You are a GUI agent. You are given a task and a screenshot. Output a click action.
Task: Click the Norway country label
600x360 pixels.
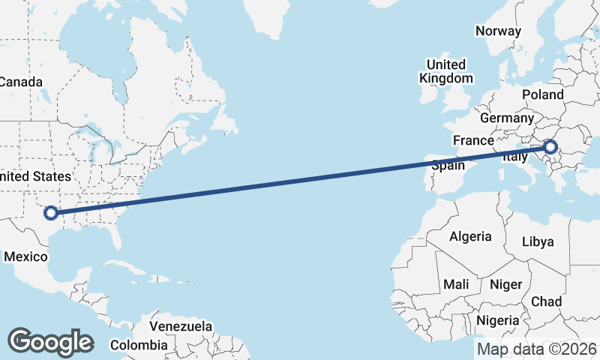click(x=498, y=31)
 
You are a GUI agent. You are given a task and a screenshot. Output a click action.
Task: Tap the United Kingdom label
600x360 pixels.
click(x=446, y=71)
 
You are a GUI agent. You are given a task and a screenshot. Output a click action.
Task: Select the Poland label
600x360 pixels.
click(x=542, y=94)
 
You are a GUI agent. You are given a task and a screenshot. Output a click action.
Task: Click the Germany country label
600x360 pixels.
click(x=506, y=118)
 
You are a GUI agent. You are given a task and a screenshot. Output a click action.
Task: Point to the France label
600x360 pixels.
click(x=473, y=140)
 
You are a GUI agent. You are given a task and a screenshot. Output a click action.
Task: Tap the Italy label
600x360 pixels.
click(x=515, y=157)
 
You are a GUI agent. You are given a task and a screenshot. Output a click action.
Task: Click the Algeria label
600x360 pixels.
click(x=470, y=236)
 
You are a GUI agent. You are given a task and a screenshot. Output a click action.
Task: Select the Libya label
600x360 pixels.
click(x=538, y=241)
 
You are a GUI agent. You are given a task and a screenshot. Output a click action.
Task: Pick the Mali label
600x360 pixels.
click(x=456, y=284)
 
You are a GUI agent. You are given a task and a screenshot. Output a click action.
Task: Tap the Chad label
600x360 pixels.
click(x=546, y=301)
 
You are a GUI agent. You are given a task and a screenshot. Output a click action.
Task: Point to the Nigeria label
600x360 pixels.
click(x=497, y=320)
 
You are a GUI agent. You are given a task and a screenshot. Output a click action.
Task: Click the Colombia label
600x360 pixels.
click(x=139, y=345)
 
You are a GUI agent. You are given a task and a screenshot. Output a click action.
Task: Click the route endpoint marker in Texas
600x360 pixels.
click(x=51, y=213)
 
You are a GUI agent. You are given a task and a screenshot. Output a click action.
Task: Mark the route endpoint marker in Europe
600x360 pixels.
click(x=552, y=147)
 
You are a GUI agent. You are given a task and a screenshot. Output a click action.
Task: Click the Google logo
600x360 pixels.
click(x=50, y=341)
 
